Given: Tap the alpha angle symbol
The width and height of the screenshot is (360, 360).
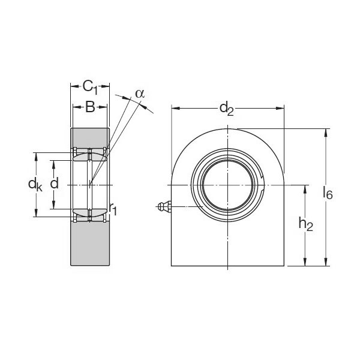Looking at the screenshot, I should [x=139, y=93].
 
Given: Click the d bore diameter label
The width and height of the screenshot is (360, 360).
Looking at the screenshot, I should [x=55, y=184].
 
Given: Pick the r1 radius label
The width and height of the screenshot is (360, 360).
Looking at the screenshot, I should [x=113, y=208].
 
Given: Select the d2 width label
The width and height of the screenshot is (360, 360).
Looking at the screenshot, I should [x=227, y=108].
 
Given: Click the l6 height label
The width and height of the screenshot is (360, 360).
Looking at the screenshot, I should [x=328, y=193].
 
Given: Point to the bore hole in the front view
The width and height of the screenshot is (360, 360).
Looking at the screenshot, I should [x=227, y=184].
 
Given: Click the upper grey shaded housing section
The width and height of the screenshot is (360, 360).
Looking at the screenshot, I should [x=90, y=137].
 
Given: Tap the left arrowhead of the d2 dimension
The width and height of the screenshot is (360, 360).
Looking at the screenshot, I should [x=175, y=109].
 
